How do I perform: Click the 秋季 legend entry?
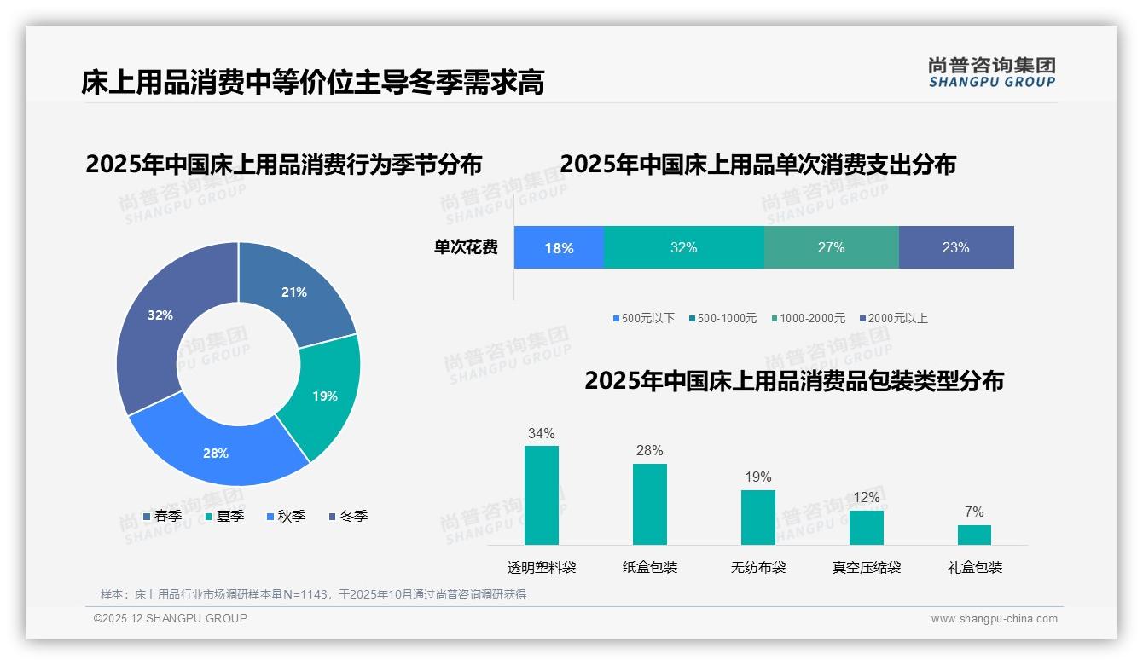click(286, 517)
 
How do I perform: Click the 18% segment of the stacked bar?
click(559, 248)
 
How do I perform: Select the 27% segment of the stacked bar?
click(831, 248)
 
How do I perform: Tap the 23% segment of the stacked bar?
click(956, 248)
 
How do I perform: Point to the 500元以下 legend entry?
click(643, 319)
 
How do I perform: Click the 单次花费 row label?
click(466, 248)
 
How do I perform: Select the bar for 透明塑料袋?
click(541, 495)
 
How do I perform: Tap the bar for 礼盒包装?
click(974, 535)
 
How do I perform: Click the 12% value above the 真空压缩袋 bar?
click(867, 498)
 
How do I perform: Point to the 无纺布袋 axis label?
click(758, 568)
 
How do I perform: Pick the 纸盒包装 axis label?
click(650, 568)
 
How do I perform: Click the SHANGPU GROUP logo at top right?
click(991, 72)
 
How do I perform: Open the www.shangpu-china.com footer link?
click(994, 619)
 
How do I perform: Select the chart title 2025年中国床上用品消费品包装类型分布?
click(793, 381)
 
